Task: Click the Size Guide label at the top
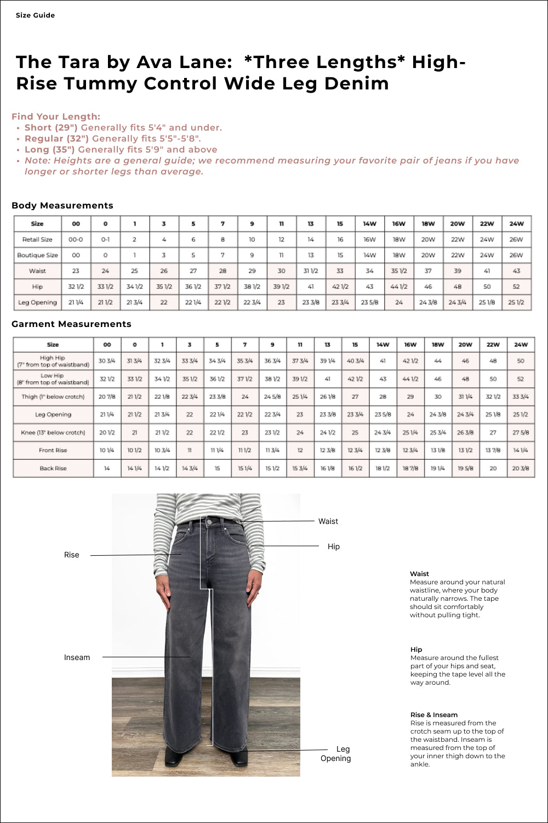coord(35,15)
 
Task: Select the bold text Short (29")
coord(51,128)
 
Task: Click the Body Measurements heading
coord(62,206)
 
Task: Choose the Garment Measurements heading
coord(71,324)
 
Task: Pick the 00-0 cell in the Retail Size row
coord(76,240)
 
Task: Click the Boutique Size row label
coord(37,255)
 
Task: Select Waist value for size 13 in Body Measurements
coord(311,271)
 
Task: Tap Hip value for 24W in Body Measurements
coord(516,286)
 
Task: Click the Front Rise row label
coord(53,450)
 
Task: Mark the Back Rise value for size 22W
coord(493,469)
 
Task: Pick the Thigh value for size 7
coord(245,397)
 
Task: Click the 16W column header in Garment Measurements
coord(410,345)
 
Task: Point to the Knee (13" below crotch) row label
coord(53,432)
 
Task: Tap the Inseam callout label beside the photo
coord(77,657)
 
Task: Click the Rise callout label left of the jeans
coord(71,555)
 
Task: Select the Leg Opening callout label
coord(336,754)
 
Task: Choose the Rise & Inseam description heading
coord(434,715)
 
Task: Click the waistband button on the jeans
coord(209,523)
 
